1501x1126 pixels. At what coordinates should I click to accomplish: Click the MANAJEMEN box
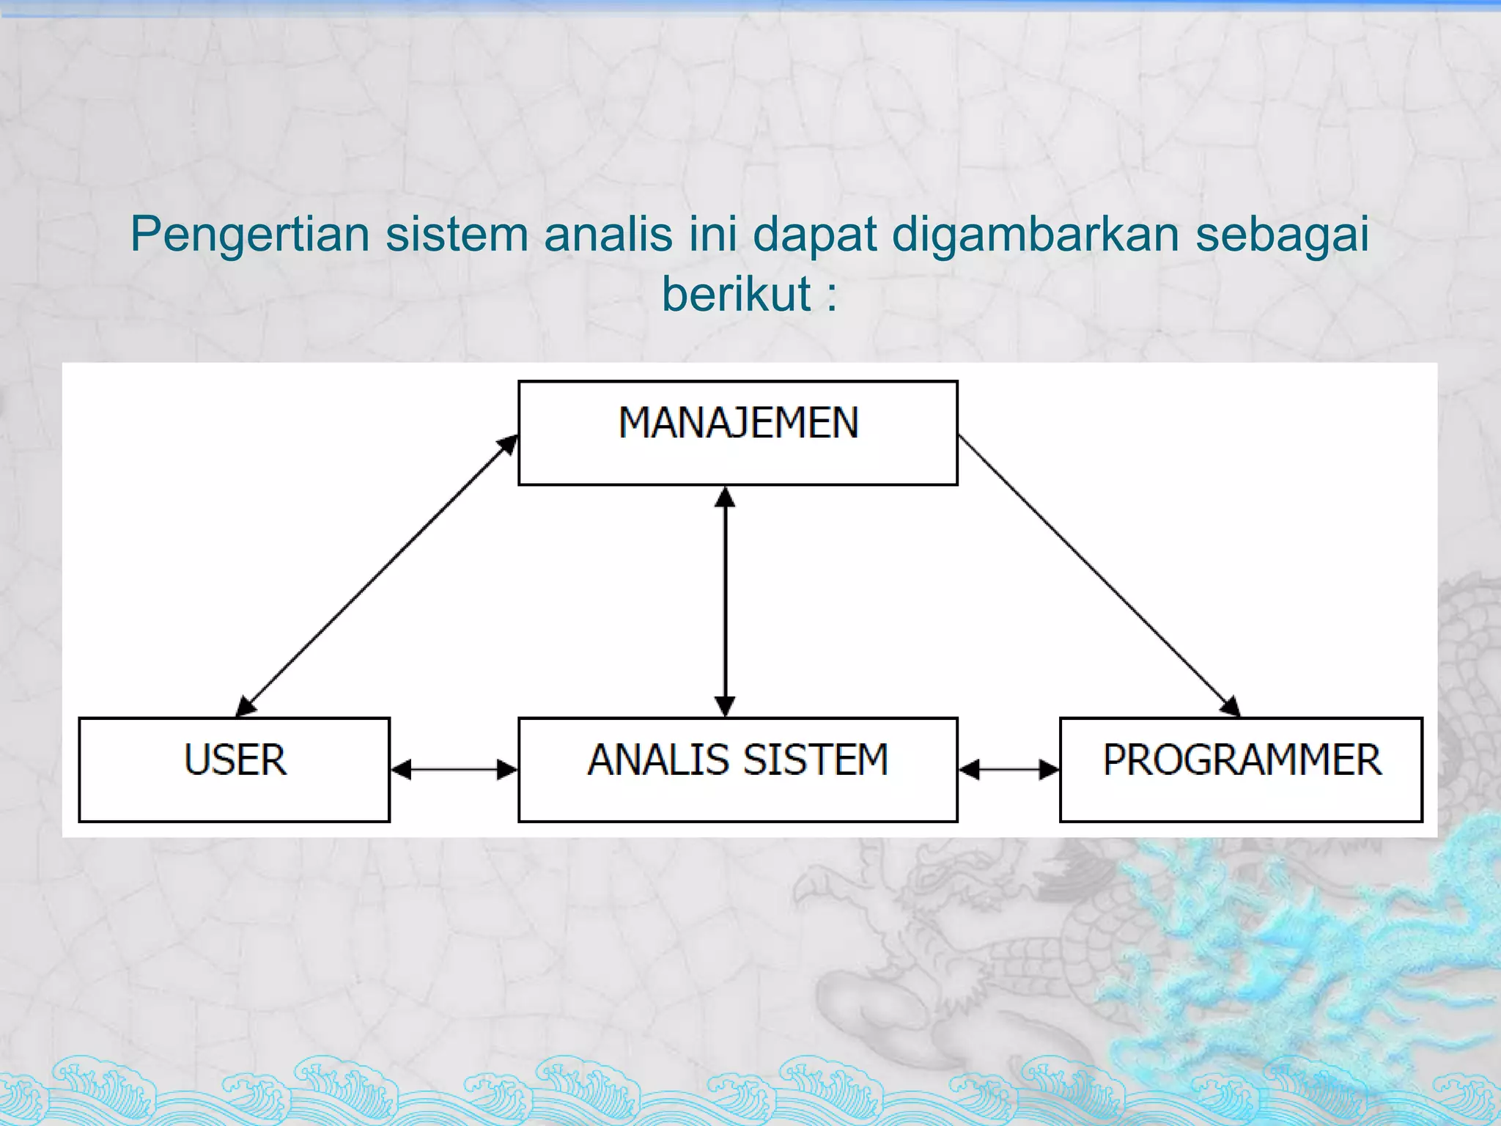(x=737, y=433)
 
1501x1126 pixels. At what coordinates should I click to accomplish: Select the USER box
(x=234, y=769)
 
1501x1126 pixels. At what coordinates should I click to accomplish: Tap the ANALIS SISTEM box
(x=737, y=769)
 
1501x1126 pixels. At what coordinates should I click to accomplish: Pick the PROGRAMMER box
(x=1241, y=769)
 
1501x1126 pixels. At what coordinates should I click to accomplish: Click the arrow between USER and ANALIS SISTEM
(x=454, y=769)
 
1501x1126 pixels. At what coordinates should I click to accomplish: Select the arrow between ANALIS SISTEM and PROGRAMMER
(x=1008, y=769)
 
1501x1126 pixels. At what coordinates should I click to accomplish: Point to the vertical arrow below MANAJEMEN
(x=725, y=601)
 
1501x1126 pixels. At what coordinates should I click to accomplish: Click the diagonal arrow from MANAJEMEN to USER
(x=377, y=575)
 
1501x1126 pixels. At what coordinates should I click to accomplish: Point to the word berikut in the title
(x=737, y=294)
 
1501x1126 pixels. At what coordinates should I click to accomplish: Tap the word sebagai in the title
(x=1283, y=235)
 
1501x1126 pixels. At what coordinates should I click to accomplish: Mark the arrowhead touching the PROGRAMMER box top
(x=1231, y=706)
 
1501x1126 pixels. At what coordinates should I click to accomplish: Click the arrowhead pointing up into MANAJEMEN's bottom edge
(x=725, y=497)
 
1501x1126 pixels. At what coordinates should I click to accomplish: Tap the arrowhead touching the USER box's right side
(x=402, y=769)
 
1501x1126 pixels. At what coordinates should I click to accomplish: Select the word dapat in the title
(x=815, y=235)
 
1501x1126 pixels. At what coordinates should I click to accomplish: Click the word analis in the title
(x=608, y=235)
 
